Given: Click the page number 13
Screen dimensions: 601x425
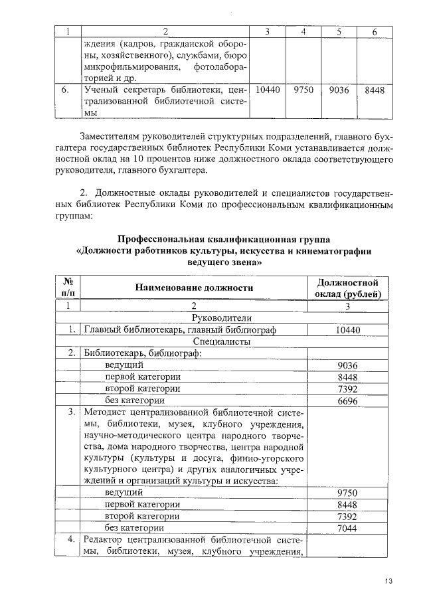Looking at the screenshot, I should tap(388, 582).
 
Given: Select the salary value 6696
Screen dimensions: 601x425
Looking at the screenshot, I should tap(347, 401).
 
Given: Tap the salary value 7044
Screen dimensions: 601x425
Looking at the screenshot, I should tap(347, 528).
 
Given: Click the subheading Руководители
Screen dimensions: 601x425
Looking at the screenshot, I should tap(194, 317).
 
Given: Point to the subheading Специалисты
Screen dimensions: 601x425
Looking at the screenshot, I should tap(194, 341).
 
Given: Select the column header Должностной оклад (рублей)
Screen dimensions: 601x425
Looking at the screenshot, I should tap(347, 288).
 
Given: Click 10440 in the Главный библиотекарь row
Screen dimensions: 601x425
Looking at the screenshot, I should tap(347, 329).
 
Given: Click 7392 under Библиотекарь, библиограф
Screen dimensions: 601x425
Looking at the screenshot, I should tap(347, 389).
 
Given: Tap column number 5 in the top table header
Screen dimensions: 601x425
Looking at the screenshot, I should tap(339, 31).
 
